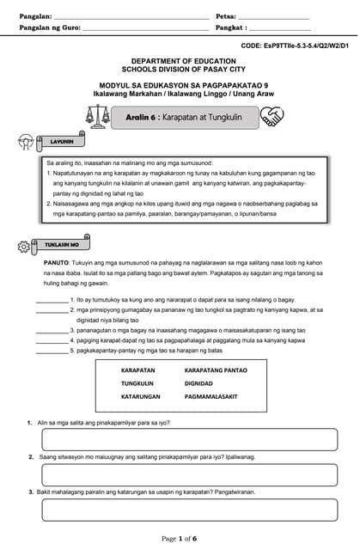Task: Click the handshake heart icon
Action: pyautogui.click(x=272, y=116)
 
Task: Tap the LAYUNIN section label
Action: pyautogui.click(x=61, y=141)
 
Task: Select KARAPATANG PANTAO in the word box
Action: pyautogui.click(x=216, y=370)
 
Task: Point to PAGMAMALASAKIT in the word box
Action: pyautogui.click(x=211, y=397)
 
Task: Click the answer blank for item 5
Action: pyautogui.click(x=52, y=351)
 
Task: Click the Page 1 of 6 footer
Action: pyautogui.click(x=180, y=538)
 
